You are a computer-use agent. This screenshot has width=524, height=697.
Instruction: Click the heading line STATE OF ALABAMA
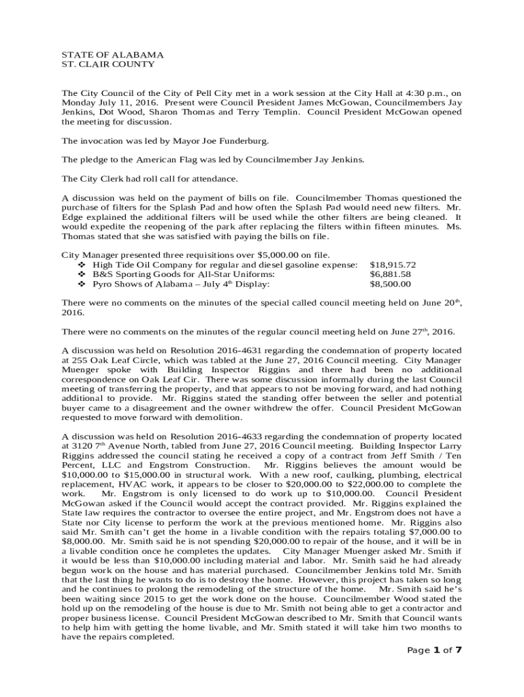[112, 54]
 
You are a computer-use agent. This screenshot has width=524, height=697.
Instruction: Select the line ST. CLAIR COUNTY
[108, 64]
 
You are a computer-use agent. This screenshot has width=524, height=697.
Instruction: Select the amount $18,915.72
[392, 264]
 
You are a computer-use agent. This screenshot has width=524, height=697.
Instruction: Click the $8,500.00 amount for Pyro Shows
[390, 284]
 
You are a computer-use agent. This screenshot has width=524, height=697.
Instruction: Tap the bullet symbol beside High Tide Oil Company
[83, 264]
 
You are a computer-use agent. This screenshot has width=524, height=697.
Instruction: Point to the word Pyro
[104, 284]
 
